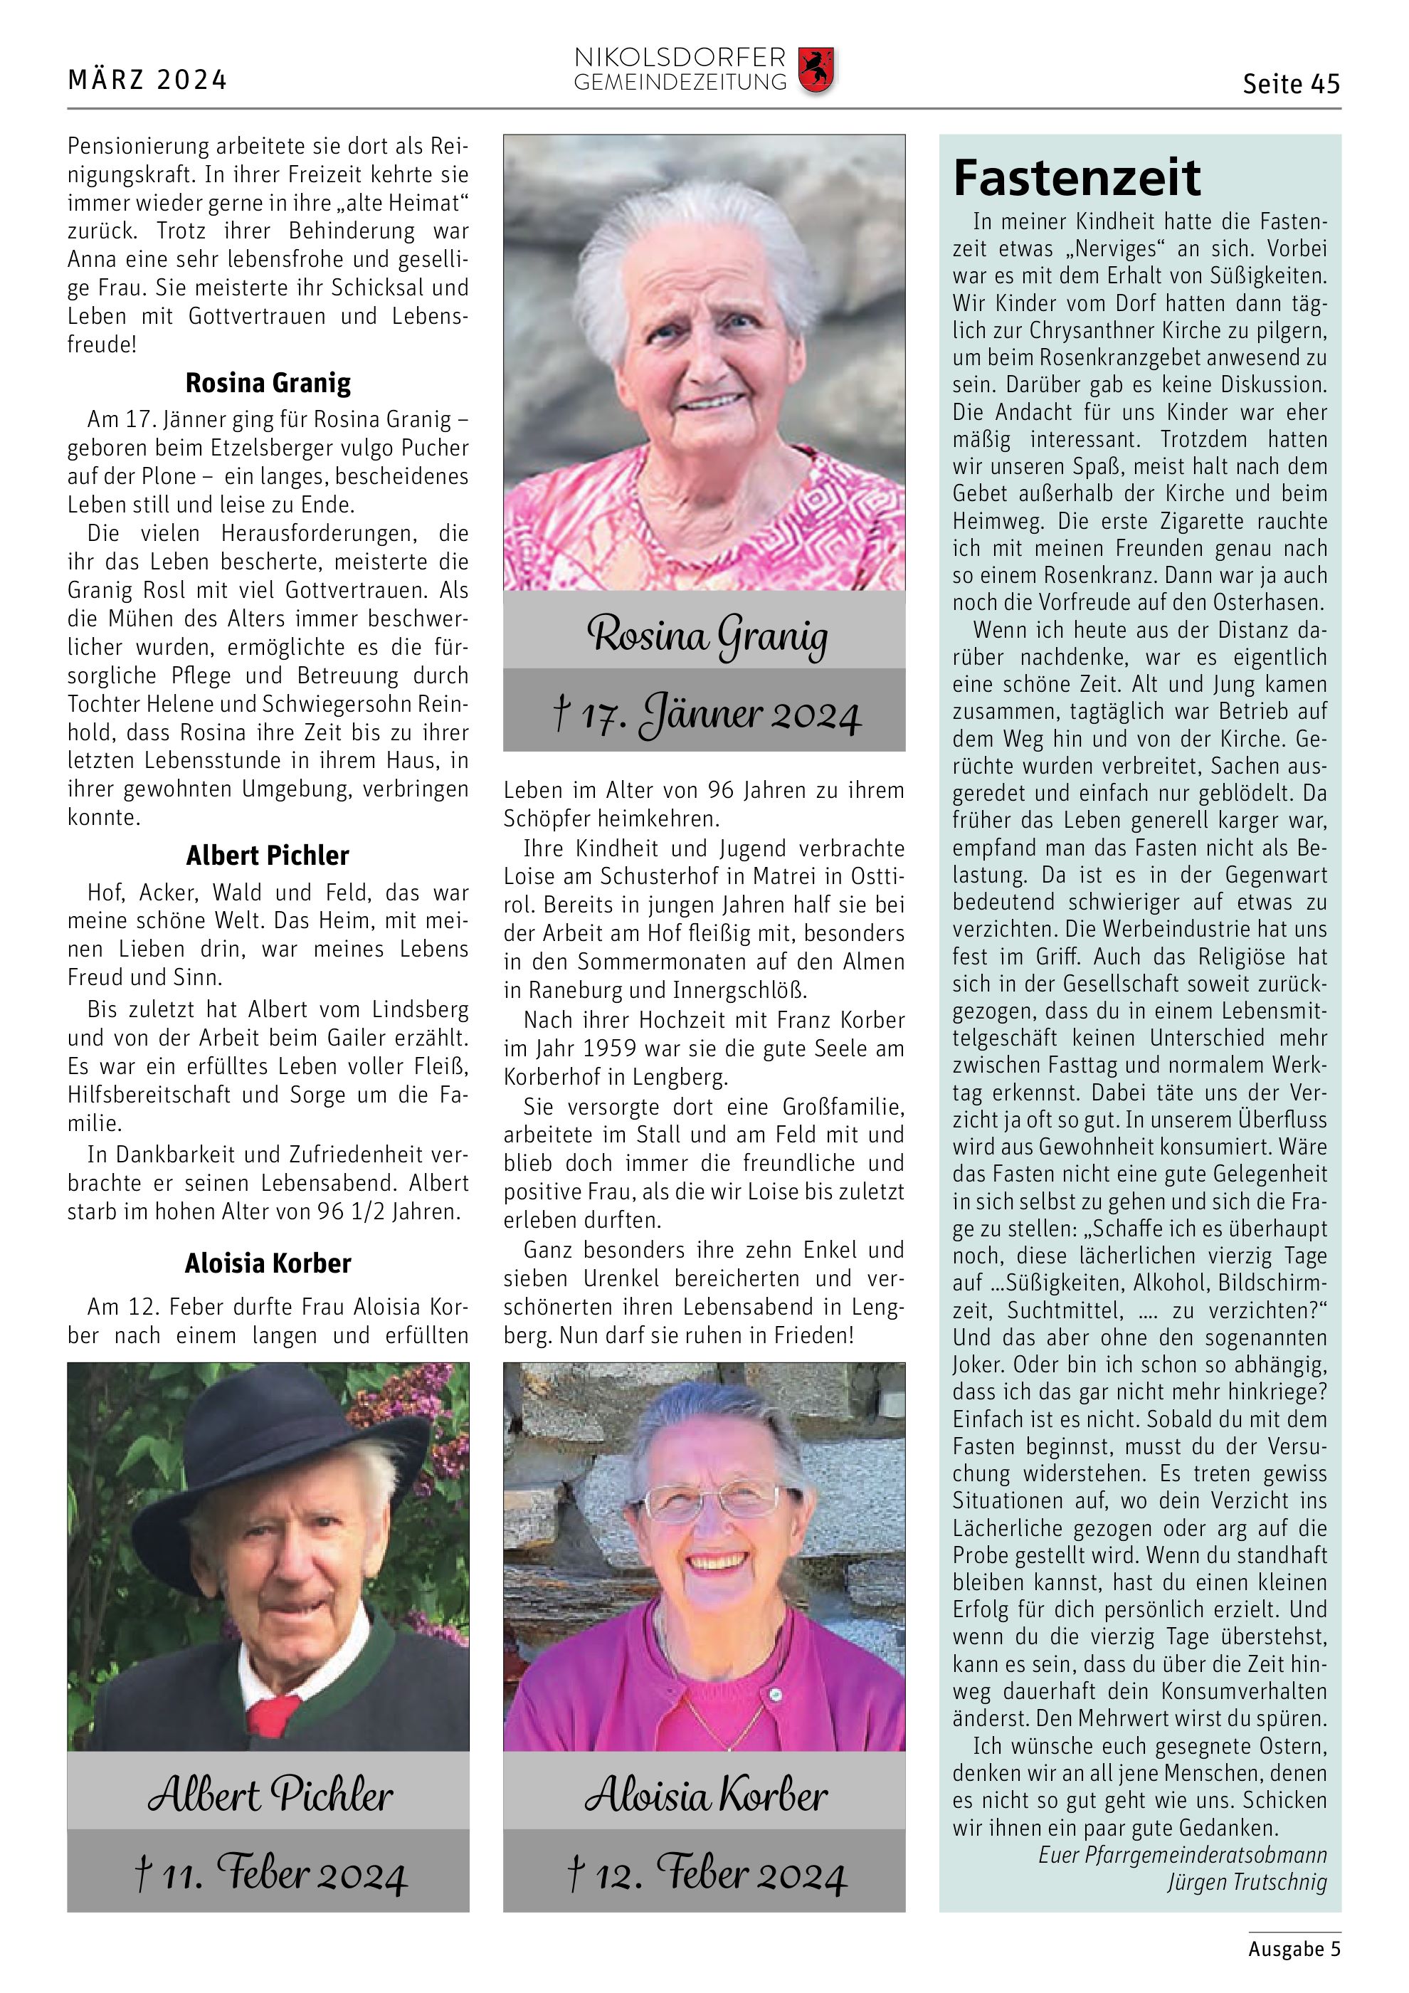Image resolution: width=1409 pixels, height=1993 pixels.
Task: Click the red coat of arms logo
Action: pyautogui.click(x=816, y=70)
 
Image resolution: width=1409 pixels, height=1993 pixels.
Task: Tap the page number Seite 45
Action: pyautogui.click(x=1290, y=84)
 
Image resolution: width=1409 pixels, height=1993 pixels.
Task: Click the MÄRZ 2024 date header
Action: pyautogui.click(x=147, y=80)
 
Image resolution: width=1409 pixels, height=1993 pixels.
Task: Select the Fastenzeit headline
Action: pyautogui.click(x=1077, y=178)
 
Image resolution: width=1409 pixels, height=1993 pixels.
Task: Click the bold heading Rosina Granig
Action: pyautogui.click(x=268, y=383)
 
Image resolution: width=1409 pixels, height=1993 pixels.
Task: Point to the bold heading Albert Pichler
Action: pyautogui.click(x=268, y=856)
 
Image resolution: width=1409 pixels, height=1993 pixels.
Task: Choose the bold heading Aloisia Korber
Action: pyautogui.click(x=268, y=1263)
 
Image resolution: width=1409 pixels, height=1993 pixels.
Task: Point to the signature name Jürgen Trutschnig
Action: pyautogui.click(x=1246, y=1882)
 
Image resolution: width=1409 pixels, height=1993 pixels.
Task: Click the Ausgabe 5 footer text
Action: pyautogui.click(x=1294, y=1949)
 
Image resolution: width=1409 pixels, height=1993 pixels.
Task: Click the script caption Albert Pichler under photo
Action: pyautogui.click(x=270, y=1795)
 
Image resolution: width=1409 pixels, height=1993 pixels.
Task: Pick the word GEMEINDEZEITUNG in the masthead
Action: pyautogui.click(x=680, y=83)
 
